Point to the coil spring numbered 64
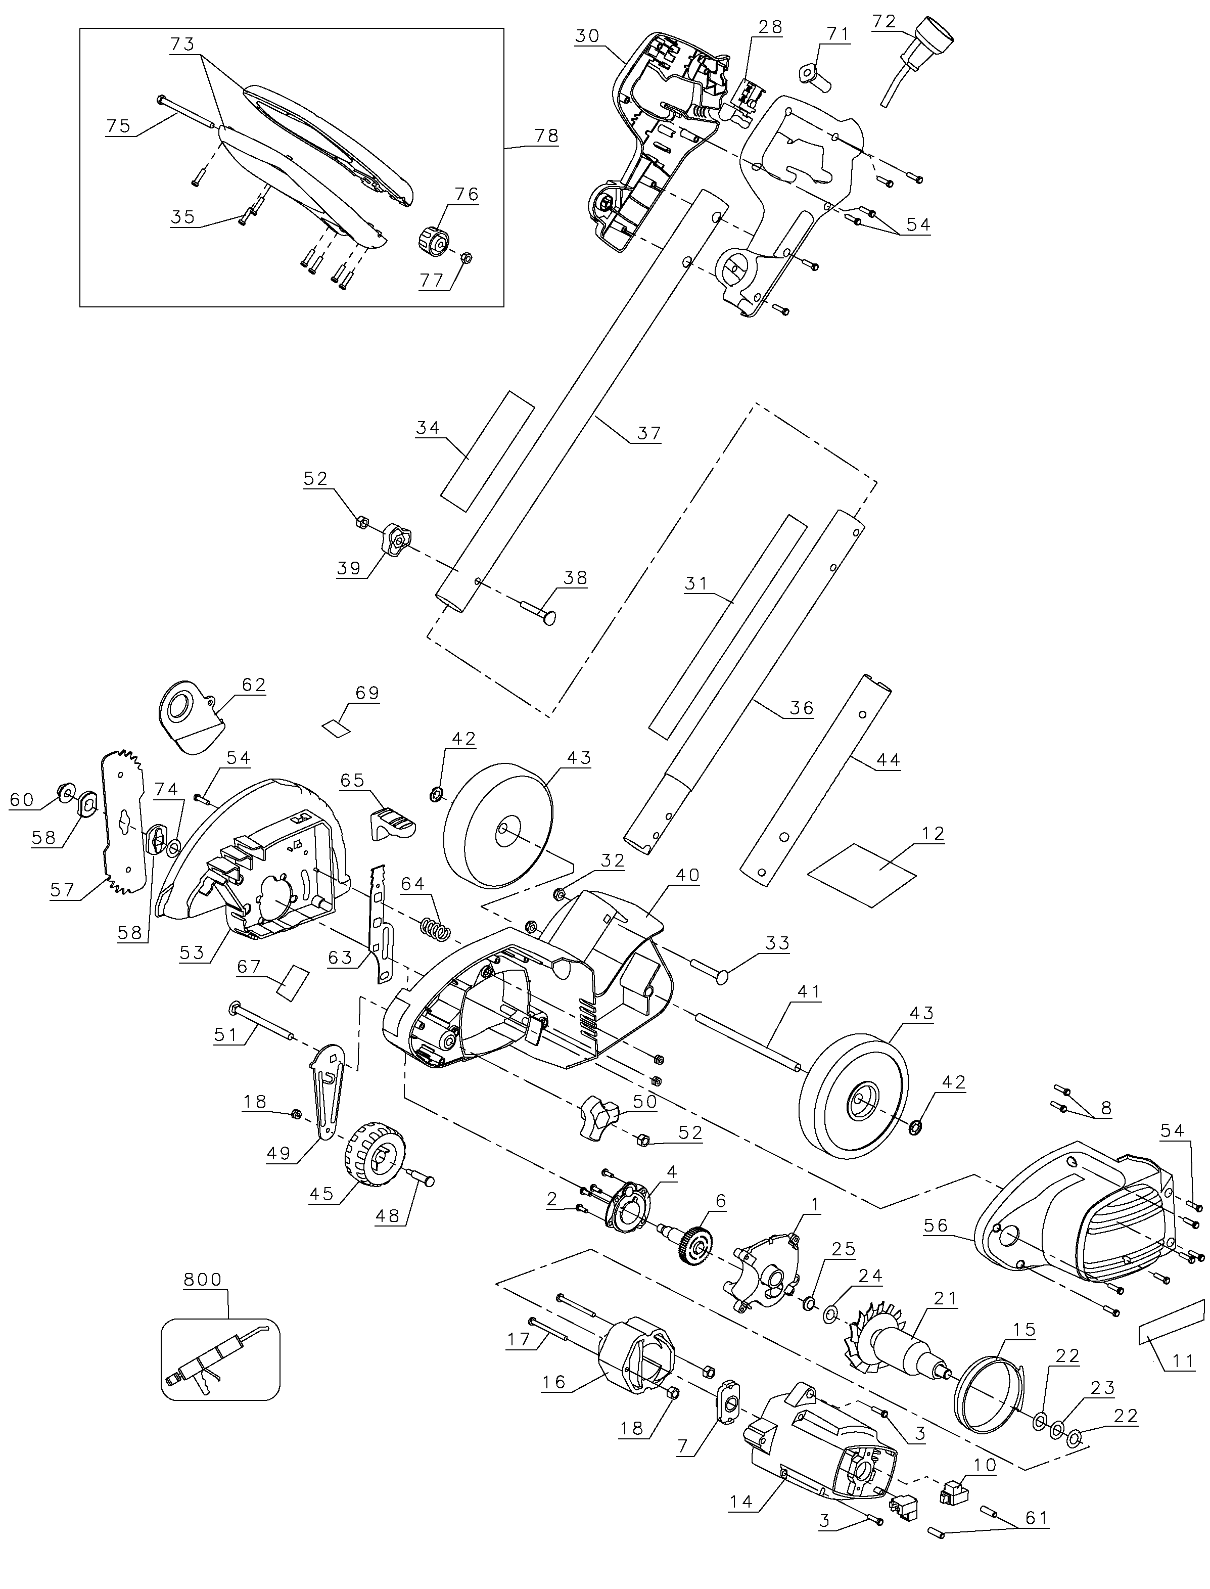(435, 929)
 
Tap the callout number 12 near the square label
(932, 833)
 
